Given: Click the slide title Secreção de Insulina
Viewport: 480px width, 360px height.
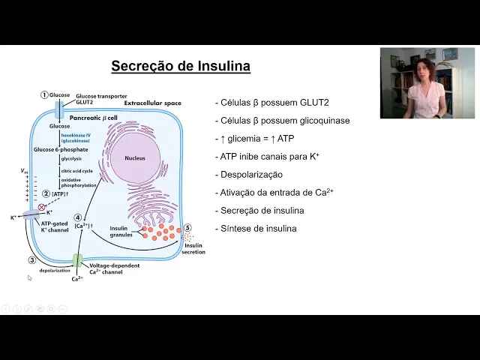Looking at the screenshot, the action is point(181,66).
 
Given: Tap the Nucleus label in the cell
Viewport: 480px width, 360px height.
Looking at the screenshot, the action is point(135,158).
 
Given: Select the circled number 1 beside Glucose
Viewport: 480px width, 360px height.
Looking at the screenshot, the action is point(44,95).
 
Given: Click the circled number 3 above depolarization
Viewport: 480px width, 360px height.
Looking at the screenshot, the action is point(32,260).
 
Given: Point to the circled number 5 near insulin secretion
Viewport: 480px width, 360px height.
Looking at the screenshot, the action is point(187,228).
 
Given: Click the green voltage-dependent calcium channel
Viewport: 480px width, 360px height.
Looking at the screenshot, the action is point(77,261).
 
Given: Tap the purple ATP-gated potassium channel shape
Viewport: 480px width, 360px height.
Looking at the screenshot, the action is point(31,215).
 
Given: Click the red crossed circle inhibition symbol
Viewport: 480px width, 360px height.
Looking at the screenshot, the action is point(42,206).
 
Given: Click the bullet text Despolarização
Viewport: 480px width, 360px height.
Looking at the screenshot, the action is point(248,174).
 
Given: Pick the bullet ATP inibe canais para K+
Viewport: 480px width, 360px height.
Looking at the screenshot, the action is point(267,156).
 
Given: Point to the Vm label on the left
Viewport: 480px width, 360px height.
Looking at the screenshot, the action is point(25,172).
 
